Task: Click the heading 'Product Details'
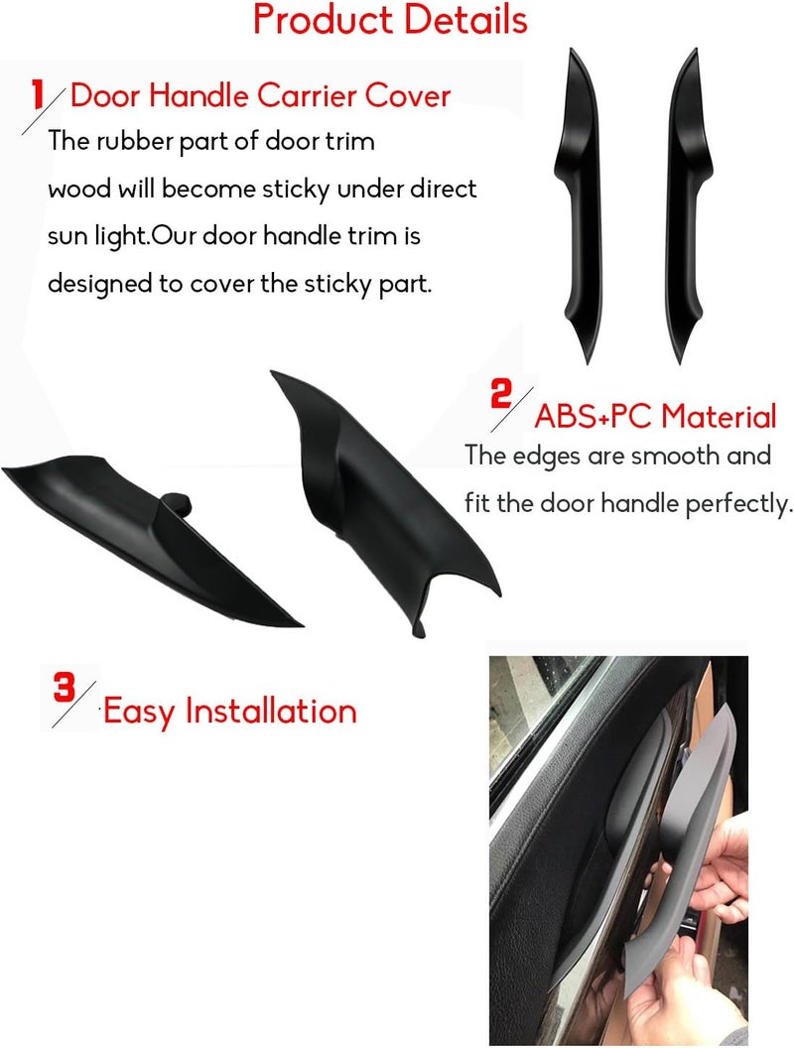tap(390, 20)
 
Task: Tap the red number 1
tap(39, 96)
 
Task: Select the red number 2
tap(501, 394)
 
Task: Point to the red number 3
tap(65, 687)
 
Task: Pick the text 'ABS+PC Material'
tap(655, 415)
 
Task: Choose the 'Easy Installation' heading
tap(229, 712)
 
